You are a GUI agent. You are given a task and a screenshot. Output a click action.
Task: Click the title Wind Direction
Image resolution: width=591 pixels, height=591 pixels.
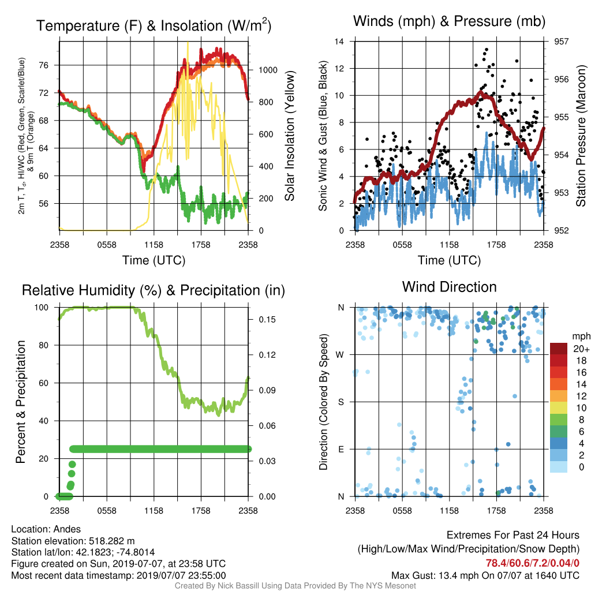449,287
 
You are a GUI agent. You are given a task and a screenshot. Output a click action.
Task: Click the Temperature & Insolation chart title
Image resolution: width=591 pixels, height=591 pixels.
154,25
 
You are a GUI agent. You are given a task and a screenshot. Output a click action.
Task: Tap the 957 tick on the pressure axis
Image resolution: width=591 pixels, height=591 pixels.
561,42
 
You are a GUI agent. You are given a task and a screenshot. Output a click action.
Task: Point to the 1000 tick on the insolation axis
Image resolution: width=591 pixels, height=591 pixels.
268,70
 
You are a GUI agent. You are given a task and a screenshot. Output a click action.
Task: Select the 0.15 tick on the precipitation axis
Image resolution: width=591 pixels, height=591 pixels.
267,320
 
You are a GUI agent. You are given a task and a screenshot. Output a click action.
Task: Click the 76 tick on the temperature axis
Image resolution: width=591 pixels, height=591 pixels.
44,65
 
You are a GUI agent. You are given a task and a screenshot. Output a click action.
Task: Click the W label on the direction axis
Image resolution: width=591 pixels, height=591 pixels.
340,355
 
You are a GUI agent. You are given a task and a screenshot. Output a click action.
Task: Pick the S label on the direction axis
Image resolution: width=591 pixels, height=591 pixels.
341,402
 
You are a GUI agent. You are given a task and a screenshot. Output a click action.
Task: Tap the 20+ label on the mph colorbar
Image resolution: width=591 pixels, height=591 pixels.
581,349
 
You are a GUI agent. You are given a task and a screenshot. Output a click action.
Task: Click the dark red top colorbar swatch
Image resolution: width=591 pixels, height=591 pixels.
559,349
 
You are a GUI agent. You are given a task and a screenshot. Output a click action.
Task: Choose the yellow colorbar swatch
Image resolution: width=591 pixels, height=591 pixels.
559,408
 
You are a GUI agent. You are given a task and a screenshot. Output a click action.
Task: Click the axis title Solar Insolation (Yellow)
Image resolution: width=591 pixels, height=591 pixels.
290,136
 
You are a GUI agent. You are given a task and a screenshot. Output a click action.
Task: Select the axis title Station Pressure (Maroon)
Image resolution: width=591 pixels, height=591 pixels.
581,136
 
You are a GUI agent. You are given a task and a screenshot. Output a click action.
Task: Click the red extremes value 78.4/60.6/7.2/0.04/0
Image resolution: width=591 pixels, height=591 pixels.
532,563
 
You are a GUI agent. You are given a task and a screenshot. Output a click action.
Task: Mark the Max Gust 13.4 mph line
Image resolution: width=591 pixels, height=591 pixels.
485,575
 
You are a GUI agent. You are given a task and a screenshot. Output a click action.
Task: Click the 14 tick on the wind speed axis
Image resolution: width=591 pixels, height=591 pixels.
339,42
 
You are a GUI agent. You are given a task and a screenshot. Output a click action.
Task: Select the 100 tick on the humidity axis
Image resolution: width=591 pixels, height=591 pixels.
42,308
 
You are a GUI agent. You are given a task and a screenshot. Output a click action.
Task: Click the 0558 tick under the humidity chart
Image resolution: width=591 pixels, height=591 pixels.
107,511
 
